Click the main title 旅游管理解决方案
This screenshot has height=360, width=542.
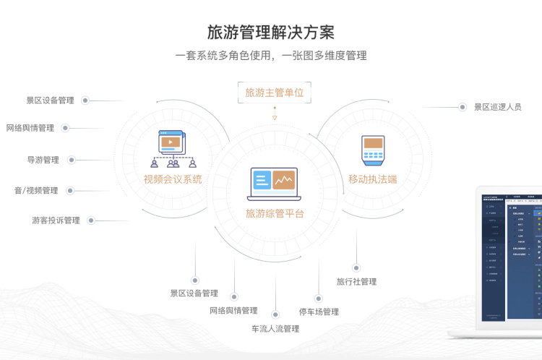pyautogui.click(x=270, y=33)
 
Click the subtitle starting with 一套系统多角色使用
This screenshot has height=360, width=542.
pyautogui.click(x=270, y=55)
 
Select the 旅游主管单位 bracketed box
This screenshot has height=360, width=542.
pyautogui.click(x=274, y=93)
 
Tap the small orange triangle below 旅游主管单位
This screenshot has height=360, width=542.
pyautogui.click(x=275, y=117)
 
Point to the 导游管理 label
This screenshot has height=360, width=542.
pyautogui.click(x=43, y=160)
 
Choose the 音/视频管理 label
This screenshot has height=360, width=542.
pyautogui.click(x=36, y=191)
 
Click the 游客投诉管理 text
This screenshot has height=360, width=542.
pyautogui.click(x=56, y=220)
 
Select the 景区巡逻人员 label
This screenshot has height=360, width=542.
pyautogui.click(x=497, y=107)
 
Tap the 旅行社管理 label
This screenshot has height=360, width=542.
pyautogui.click(x=356, y=282)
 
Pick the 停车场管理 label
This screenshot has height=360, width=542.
pyautogui.click(x=319, y=312)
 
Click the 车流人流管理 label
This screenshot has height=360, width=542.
pyautogui.click(x=275, y=329)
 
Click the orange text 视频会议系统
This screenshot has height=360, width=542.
pyautogui.click(x=173, y=179)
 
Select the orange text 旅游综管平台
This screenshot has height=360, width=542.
pyautogui.click(x=275, y=213)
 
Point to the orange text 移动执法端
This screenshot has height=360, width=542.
pyautogui.click(x=373, y=179)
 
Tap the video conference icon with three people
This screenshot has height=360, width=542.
pyautogui.click(x=173, y=149)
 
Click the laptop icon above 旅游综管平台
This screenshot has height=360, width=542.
pyautogui.click(x=275, y=184)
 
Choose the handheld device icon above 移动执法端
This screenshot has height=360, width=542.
pyautogui.click(x=372, y=150)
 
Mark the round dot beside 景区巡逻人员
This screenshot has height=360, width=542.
pyautogui.click(x=462, y=107)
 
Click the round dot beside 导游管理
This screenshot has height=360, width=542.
pyautogui.click(x=72, y=160)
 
